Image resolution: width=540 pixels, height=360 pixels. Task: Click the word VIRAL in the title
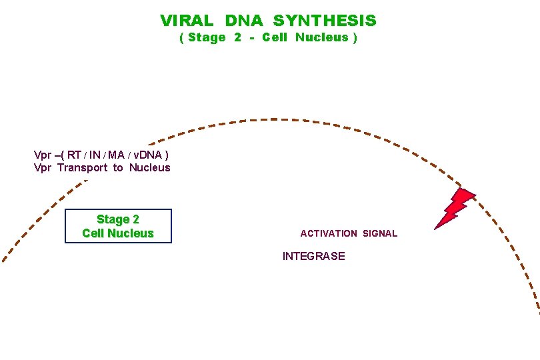click(187, 21)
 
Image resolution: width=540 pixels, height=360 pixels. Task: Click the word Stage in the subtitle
click(207, 37)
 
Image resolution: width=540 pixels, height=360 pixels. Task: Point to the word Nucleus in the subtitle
click(322, 37)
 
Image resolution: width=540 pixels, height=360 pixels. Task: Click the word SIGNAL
click(380, 233)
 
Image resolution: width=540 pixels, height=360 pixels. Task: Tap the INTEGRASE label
click(314, 256)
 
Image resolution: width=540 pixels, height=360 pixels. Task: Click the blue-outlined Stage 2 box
click(118, 226)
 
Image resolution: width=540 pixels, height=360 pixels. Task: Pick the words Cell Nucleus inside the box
click(118, 233)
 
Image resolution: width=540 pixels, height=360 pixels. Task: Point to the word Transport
click(82, 167)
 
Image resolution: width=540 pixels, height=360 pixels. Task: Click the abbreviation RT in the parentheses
click(74, 155)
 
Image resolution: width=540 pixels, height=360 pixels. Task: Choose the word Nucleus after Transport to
click(150, 167)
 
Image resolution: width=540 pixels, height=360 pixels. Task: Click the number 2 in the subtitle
click(238, 37)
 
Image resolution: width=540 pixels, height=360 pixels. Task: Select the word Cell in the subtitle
click(275, 37)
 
